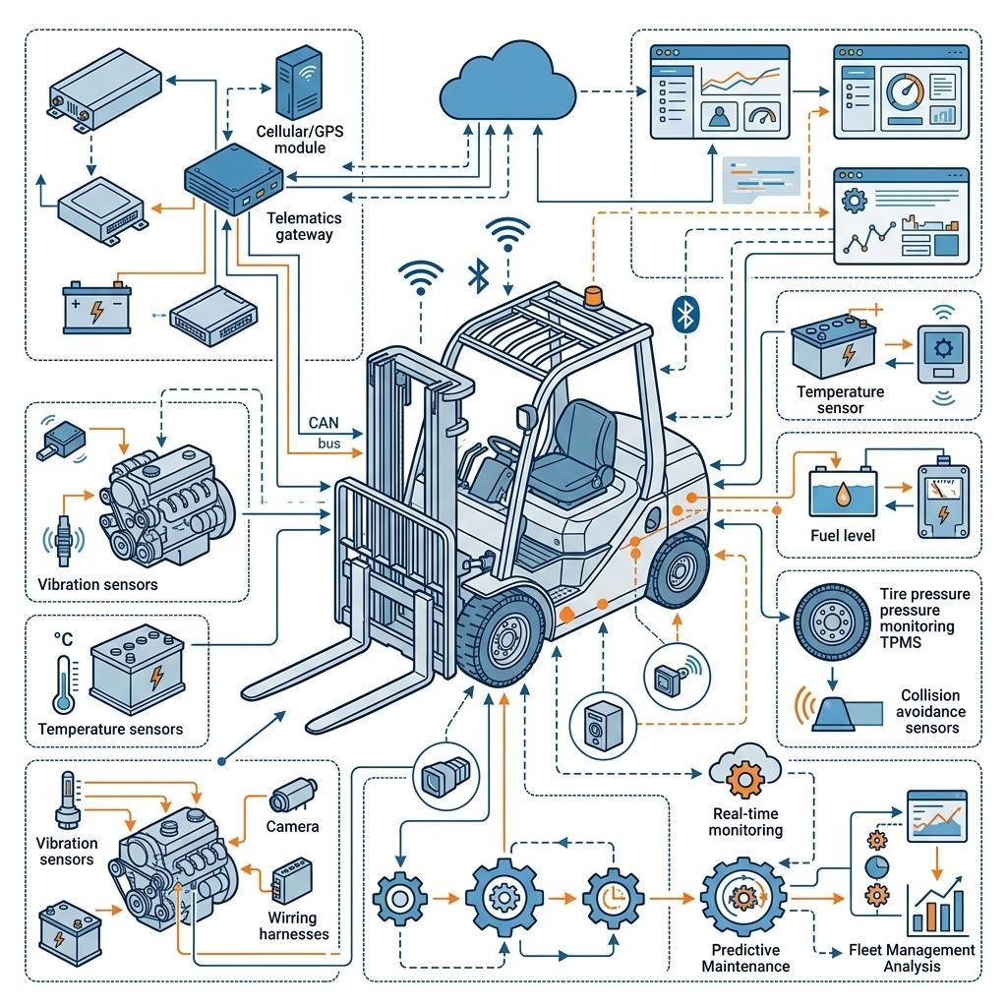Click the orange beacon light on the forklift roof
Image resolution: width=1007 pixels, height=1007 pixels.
593,294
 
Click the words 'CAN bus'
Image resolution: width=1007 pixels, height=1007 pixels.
325,433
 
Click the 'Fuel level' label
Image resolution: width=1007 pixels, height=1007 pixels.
842,536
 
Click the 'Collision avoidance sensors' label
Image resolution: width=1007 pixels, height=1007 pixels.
932,711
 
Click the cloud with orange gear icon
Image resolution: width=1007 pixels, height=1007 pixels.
744,772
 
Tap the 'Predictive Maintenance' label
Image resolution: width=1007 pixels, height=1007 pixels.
745,957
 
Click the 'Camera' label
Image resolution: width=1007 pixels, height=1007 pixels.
293,826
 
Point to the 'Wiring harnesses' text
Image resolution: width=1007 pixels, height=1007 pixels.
293,925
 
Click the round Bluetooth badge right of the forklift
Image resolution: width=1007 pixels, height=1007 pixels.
684,314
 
